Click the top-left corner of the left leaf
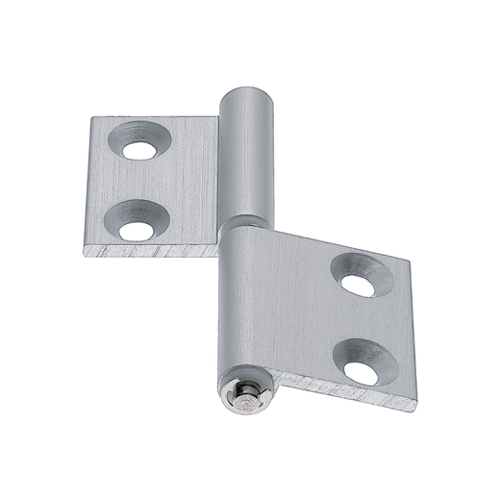(x=93, y=119)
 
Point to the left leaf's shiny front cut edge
(x=154, y=252)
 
